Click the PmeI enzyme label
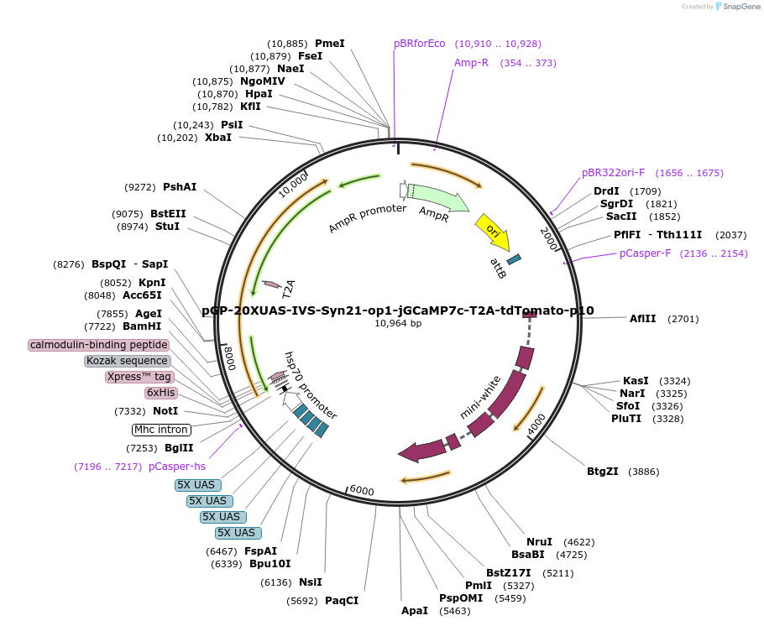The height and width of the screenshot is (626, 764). pos(329,44)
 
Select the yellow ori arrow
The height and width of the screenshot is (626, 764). pos(491,232)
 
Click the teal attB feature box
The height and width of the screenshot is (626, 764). pos(514,260)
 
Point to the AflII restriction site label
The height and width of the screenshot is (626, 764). pos(642,319)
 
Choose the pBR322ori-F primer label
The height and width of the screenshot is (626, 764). pos(613,173)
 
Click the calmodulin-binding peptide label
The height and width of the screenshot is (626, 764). pos(99,345)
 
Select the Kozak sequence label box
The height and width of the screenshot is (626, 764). pos(127,361)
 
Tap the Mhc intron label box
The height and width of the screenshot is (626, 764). pos(161,430)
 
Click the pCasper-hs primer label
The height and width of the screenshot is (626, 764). pos(177,467)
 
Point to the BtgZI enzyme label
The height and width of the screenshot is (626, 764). pos(602,472)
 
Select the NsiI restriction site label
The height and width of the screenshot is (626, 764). pos(311,582)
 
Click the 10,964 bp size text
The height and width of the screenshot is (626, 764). pos(398,323)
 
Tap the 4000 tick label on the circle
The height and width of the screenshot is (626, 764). pos(536,423)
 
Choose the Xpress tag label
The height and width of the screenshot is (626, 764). pos(139,377)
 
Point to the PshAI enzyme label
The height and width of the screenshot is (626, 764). pos(180,187)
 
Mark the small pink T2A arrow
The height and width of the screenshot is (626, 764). pos(271,284)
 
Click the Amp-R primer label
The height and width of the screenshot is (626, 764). pos(471,63)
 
